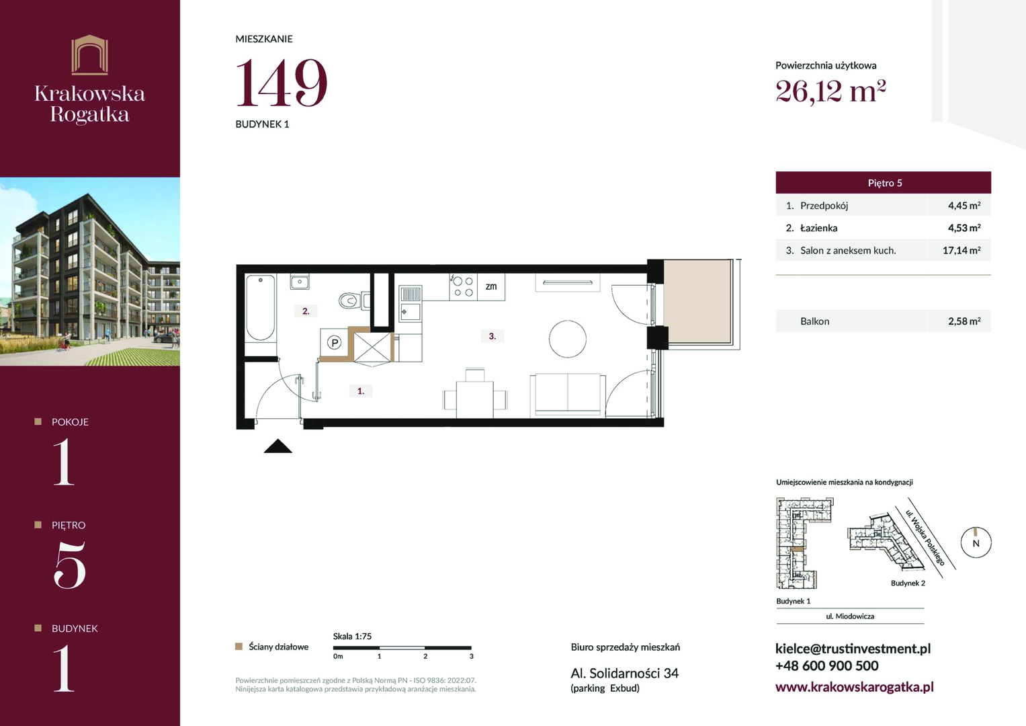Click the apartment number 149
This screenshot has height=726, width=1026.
point(282,83)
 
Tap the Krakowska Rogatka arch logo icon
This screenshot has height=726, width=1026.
point(90,54)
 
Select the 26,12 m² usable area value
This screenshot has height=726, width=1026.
point(830,91)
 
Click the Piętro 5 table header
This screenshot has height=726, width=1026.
point(883,183)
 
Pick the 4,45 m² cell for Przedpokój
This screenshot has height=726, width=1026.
point(964,206)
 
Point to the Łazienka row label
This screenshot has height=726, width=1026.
point(818,229)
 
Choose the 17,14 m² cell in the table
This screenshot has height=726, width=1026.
point(961,250)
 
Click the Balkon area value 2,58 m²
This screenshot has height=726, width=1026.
point(964,321)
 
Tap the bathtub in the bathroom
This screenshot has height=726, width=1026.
point(260,307)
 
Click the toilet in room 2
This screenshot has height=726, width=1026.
point(354,301)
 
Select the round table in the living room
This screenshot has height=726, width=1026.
point(568,339)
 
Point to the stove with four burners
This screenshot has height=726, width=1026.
point(463,287)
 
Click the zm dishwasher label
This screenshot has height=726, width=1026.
point(491,286)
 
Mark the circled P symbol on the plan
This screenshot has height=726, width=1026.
point(335,342)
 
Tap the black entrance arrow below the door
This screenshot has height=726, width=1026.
point(278,446)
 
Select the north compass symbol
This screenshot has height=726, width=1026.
point(976,542)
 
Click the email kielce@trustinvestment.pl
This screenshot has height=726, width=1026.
point(853,649)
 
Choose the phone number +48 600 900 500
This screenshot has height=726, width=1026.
point(826,666)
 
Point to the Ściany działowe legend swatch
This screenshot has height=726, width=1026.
point(239,647)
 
